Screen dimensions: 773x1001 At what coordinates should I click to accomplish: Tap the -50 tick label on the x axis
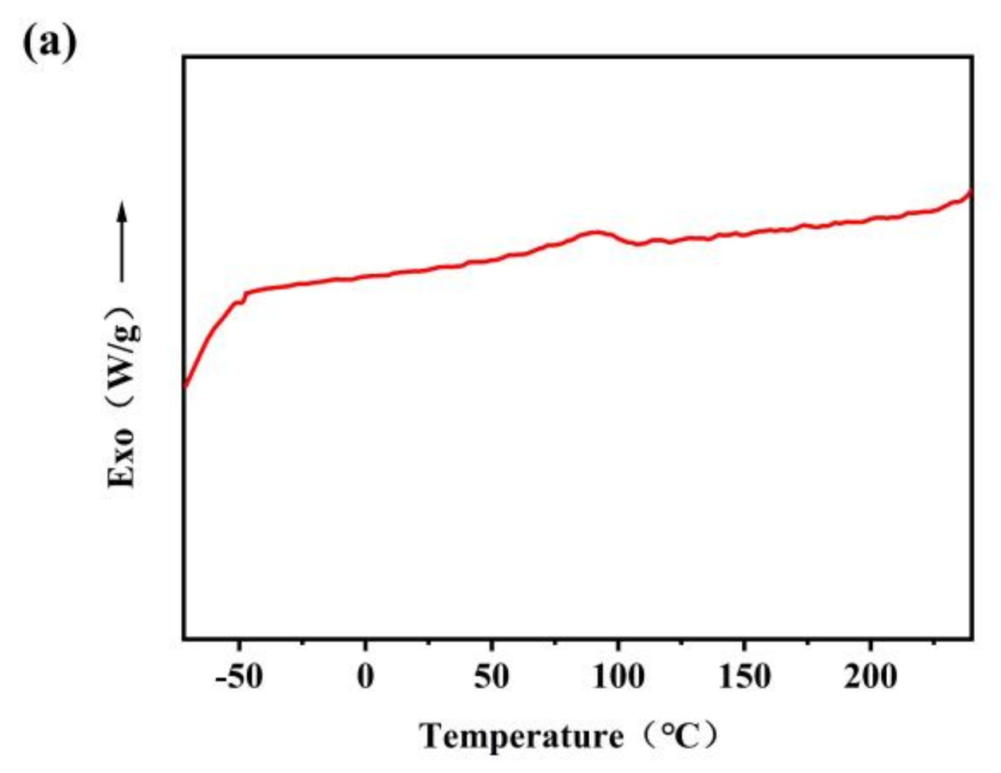coord(239,677)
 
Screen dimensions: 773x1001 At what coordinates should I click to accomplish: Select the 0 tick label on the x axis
coord(365,677)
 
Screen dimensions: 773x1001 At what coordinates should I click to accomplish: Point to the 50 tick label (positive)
coord(492,677)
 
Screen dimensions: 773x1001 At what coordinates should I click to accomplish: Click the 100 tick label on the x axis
coord(618,677)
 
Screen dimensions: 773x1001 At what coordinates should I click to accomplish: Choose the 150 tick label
coord(744,677)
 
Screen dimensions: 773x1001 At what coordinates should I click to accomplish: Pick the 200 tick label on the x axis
coord(871,677)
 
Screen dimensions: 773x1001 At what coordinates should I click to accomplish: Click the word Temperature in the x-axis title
coord(521,736)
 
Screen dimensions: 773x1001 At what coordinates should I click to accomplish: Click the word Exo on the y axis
coord(121,458)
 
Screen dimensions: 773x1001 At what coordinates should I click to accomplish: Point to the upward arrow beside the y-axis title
coord(121,240)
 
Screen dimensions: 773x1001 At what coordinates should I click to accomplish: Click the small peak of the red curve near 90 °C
coord(597,232)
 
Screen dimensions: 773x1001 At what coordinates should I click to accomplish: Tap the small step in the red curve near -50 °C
coord(244,298)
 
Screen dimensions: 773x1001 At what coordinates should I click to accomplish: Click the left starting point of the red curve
coord(185,386)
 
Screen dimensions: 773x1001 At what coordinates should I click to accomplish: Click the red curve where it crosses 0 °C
coord(365,277)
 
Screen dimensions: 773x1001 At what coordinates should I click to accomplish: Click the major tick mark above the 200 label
coord(871,634)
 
